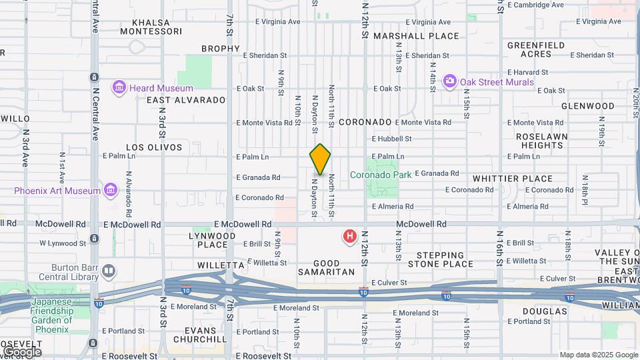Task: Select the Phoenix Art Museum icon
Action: click(x=111, y=191)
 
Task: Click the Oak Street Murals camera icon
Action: click(x=450, y=81)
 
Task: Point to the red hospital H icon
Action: click(x=349, y=236)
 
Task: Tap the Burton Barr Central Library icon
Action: click(x=109, y=271)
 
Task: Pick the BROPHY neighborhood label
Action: click(x=220, y=49)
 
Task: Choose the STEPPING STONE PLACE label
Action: click(x=440, y=259)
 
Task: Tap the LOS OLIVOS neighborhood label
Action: click(x=154, y=147)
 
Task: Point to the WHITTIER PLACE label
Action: click(x=513, y=179)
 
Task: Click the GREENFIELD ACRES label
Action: click(x=536, y=49)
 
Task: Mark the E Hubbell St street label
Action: click(x=392, y=139)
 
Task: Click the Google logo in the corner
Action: click(x=22, y=351)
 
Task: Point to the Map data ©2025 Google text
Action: click(x=598, y=355)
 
